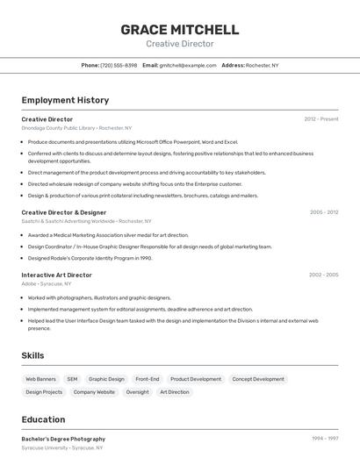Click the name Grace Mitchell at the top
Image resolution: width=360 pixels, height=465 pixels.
179,29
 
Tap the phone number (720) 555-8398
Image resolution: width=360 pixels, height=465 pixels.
119,65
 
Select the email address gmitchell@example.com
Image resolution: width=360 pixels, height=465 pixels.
187,65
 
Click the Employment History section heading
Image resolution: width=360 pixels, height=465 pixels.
65,100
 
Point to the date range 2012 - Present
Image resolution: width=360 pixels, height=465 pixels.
321,119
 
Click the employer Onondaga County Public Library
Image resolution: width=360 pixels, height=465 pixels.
58,128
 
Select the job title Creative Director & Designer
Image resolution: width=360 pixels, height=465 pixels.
63,212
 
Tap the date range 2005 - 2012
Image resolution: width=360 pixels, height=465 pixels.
324,212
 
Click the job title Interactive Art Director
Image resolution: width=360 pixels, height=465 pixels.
56,275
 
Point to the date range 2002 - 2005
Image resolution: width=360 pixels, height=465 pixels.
323,275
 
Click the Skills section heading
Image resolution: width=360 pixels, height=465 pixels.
33,355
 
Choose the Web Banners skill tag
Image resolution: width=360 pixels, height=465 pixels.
41,379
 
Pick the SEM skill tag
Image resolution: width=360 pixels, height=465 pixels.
72,379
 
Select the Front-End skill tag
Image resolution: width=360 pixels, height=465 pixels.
148,379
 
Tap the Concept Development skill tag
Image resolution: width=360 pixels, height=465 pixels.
258,379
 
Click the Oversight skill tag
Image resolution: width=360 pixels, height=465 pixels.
137,392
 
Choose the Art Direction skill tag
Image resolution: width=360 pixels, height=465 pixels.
174,392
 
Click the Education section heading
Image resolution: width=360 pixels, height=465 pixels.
43,419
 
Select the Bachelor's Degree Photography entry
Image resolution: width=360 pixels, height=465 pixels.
63,439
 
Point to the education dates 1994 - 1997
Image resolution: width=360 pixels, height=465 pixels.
325,439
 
